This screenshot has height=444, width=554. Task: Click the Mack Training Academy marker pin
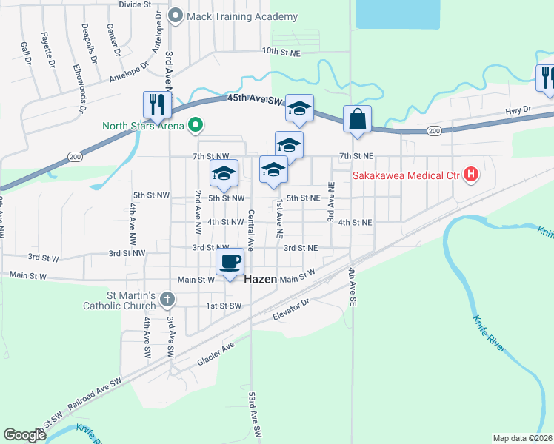(x=176, y=16)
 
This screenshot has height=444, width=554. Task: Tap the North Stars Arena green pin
(x=196, y=125)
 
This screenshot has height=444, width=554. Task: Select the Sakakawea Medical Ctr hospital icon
(x=470, y=175)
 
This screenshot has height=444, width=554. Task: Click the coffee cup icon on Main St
(x=230, y=260)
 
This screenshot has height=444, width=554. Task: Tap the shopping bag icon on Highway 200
(x=357, y=118)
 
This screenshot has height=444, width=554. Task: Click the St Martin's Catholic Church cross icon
(x=167, y=299)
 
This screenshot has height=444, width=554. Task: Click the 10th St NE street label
(x=281, y=52)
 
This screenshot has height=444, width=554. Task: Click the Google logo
(x=24, y=435)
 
